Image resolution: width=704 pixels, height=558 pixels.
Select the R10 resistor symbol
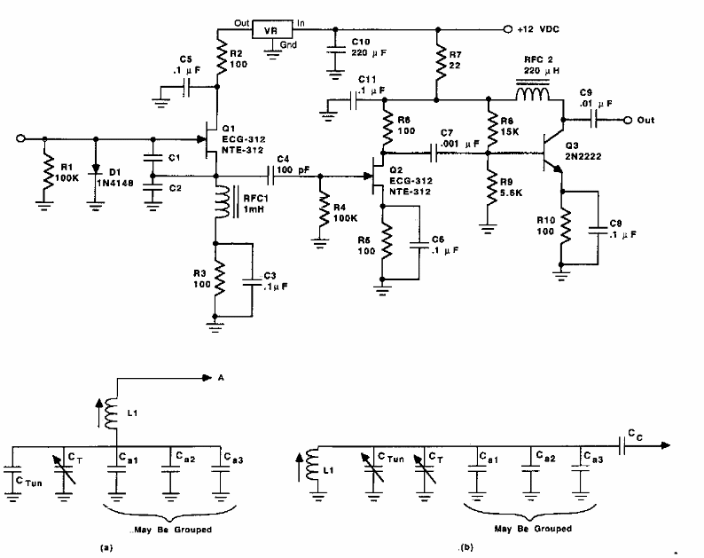coord(560,231)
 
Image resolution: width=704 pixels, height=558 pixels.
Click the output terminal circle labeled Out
coord(627,120)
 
